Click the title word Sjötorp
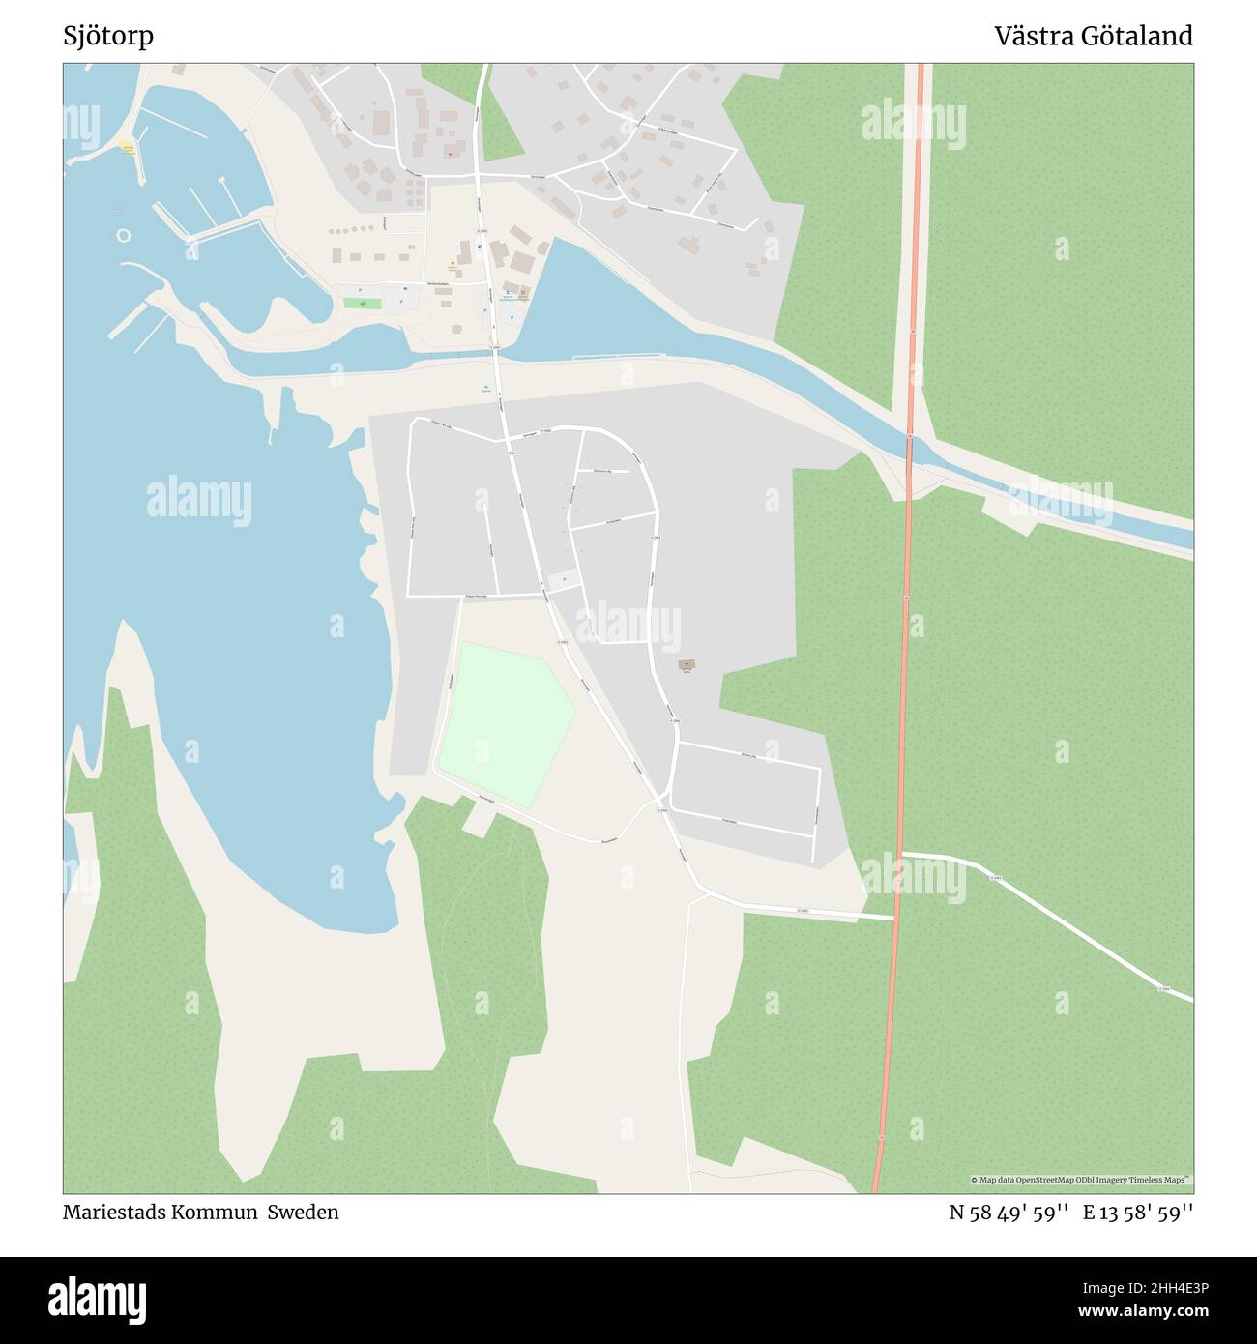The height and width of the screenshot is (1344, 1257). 108,37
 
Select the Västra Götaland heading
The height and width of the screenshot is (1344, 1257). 1094,37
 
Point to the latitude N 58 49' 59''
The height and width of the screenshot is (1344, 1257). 1009,1213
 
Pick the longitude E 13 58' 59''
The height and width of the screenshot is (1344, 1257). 1138,1213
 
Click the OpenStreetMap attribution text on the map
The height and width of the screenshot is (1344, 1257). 1081,1181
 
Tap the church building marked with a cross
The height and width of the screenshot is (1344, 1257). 687,664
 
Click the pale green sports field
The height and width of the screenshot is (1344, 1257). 505,721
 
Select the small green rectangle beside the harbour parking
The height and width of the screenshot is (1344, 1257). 363,303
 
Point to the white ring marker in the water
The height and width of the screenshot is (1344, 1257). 123,235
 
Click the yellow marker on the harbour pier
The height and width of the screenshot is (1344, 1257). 127,147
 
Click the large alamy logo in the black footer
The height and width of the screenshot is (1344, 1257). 98,1299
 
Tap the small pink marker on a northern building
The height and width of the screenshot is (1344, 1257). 450,153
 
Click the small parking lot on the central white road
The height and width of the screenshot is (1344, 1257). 560,581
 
